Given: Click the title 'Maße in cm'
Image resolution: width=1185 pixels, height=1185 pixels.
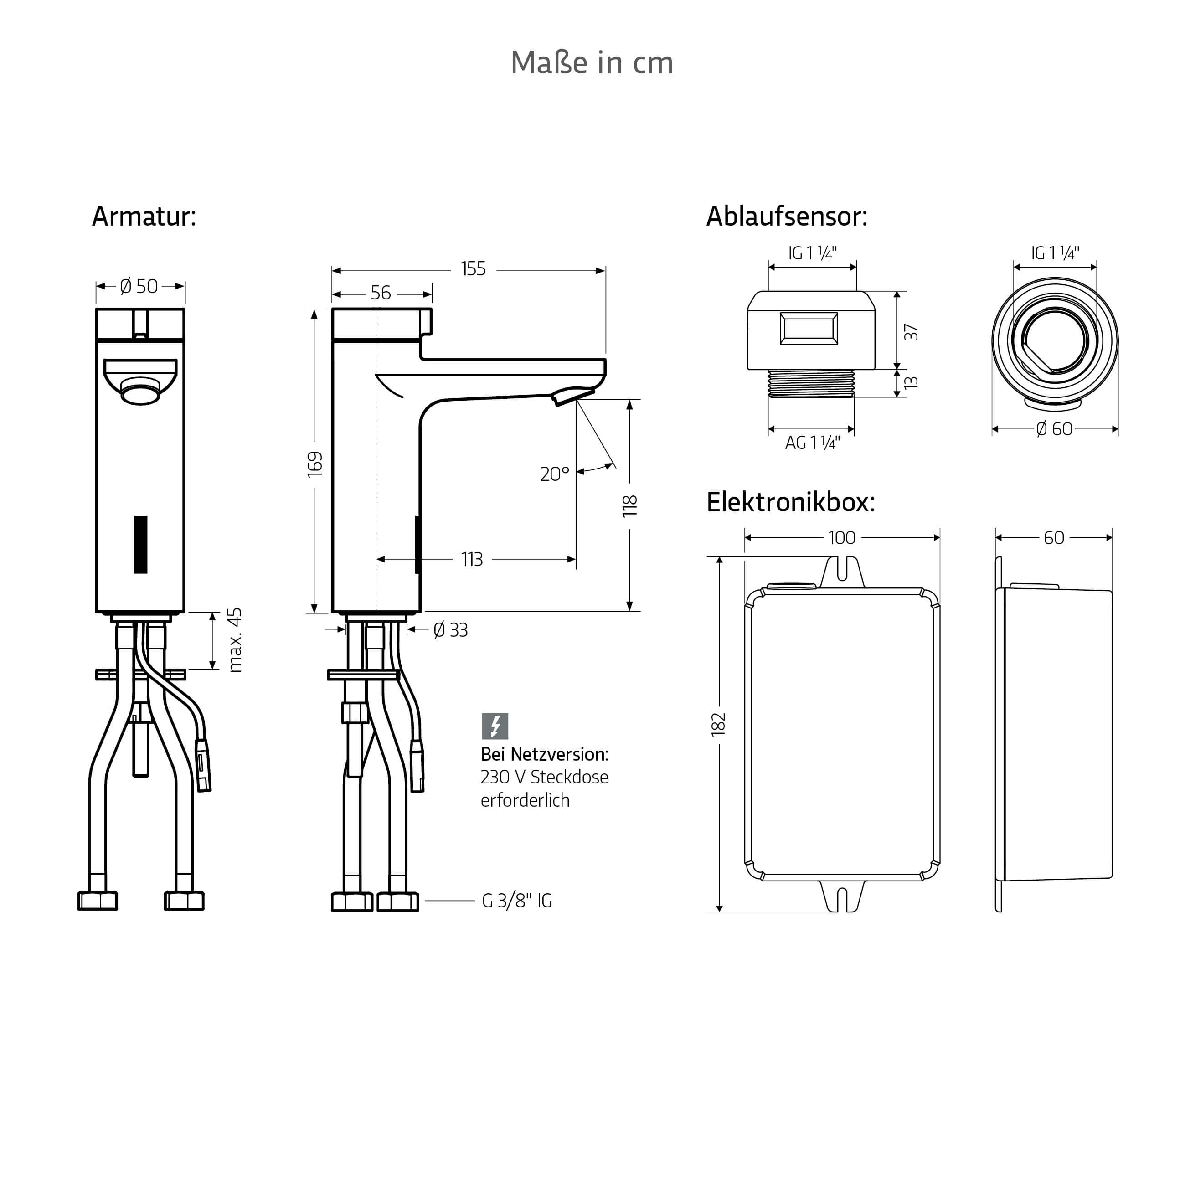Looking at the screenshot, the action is (592, 62).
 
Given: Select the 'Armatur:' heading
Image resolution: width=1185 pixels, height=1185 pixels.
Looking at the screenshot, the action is (144, 216).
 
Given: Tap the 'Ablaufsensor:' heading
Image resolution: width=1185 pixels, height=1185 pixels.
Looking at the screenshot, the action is (787, 216).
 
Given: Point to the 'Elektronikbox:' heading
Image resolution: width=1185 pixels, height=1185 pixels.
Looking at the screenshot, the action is (791, 502).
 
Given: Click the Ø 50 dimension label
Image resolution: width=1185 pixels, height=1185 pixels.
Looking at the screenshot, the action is (139, 286).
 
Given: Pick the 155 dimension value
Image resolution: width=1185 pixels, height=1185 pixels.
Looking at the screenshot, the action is (473, 268).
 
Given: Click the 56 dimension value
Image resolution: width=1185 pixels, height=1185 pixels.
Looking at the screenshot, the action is (380, 293).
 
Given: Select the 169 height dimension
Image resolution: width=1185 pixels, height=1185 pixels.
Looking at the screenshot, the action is (314, 464).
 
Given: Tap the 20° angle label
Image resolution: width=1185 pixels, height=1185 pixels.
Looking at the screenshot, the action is (555, 474).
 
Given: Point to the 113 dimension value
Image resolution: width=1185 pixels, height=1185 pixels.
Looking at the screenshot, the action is (472, 559).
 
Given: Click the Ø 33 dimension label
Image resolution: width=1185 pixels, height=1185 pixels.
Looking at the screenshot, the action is (451, 630).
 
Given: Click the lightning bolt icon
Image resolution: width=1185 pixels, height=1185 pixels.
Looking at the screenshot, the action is (495, 726).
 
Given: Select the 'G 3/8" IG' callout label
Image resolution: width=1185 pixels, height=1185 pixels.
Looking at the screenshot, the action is (517, 901).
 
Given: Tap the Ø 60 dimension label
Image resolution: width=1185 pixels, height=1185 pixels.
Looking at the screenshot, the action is (1054, 429).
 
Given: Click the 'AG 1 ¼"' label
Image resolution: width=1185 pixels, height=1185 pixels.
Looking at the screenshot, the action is (812, 442).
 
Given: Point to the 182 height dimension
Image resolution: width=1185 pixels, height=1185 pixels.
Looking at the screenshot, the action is (718, 724).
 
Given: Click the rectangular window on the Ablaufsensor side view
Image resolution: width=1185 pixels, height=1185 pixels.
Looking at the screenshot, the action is (809, 328).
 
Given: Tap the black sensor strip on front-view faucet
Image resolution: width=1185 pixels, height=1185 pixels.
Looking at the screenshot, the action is (140, 545).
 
